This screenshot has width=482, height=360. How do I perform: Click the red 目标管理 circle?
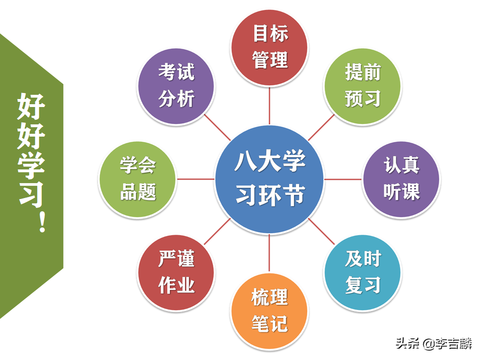point(269,47)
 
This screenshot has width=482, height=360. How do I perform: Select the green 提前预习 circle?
point(363,86)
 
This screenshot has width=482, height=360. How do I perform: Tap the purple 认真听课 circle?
point(401,179)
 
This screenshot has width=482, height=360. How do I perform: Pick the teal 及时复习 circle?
point(363,272)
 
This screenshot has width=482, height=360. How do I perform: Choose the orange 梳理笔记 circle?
point(269,311)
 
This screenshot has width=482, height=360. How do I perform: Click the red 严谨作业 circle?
point(176,272)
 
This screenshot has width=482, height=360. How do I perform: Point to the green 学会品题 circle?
point(138,179)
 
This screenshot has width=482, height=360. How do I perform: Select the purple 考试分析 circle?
point(176,86)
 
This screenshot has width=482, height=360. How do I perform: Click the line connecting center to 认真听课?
point(343,179)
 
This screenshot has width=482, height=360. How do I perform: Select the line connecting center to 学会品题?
point(195,179)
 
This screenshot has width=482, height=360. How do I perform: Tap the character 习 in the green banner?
point(31,192)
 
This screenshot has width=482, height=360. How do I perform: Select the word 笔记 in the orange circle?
point(269,324)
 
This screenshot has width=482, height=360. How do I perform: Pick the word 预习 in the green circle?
point(363,99)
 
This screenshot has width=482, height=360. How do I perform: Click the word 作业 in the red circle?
point(176,285)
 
